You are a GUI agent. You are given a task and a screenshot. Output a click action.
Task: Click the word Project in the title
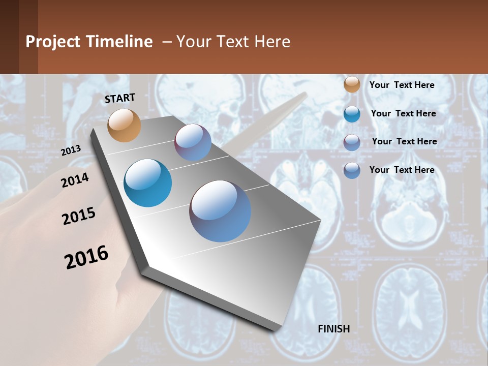(x=53, y=42)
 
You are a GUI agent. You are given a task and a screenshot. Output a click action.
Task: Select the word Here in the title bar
(x=272, y=42)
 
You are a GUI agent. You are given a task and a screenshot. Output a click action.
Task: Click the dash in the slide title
(x=166, y=42)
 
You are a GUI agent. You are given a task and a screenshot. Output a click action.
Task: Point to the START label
(x=120, y=98)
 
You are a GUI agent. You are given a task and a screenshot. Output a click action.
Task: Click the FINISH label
(x=333, y=329)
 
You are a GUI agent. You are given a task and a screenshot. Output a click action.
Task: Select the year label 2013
(x=71, y=150)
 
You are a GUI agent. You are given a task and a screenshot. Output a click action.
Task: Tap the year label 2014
(x=75, y=180)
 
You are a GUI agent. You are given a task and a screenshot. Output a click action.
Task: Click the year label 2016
(x=86, y=257)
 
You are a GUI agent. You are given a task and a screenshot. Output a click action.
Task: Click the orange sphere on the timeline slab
(x=124, y=125)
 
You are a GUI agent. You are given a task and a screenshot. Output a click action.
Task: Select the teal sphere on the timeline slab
(x=147, y=183)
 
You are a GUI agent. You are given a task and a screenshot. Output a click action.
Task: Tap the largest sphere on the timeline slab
(x=220, y=211)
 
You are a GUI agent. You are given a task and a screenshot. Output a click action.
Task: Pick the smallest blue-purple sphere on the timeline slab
(x=193, y=143)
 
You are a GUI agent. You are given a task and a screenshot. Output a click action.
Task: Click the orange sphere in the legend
(x=352, y=85)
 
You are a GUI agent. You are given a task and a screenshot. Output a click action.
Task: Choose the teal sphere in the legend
(x=352, y=114)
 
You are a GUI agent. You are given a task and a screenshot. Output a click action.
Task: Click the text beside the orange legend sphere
(x=402, y=85)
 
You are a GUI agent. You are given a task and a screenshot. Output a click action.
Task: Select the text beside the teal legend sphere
(x=403, y=113)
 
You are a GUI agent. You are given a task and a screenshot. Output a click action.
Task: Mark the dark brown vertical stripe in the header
(x=28, y=37)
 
